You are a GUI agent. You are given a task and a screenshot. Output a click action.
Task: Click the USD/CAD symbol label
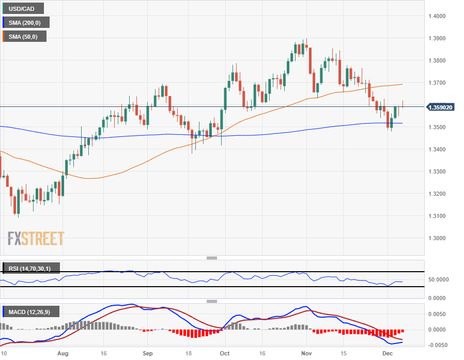23,8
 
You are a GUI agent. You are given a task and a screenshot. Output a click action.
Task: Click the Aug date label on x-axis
63,354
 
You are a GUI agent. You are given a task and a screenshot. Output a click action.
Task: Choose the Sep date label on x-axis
148,354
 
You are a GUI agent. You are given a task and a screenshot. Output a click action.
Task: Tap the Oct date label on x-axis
224,354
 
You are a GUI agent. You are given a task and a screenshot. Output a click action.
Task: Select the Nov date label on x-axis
306,354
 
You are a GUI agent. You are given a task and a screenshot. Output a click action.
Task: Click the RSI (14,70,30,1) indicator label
31,269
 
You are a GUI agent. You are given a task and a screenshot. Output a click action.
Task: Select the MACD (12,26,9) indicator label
32,311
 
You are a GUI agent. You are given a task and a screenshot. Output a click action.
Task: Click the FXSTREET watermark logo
36,239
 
